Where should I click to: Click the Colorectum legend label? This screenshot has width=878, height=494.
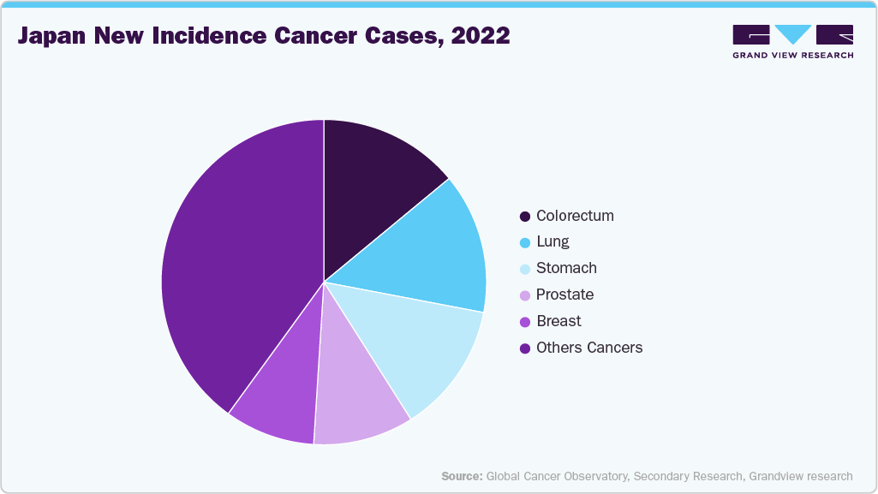pos(575,216)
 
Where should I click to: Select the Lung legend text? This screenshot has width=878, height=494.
pos(552,242)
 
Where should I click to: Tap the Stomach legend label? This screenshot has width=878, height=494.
pos(566,268)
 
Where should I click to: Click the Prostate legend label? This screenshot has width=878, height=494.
pos(564,295)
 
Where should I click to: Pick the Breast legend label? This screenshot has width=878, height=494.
pos(558,321)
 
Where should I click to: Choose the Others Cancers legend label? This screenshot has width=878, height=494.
pos(589,348)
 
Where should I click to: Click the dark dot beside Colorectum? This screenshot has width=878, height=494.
pos(525,216)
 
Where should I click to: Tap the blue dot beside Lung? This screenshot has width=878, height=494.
pos(525,242)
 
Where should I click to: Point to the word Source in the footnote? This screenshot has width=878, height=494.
pos(461,476)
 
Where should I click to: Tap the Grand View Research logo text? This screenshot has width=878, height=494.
pos(792,56)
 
